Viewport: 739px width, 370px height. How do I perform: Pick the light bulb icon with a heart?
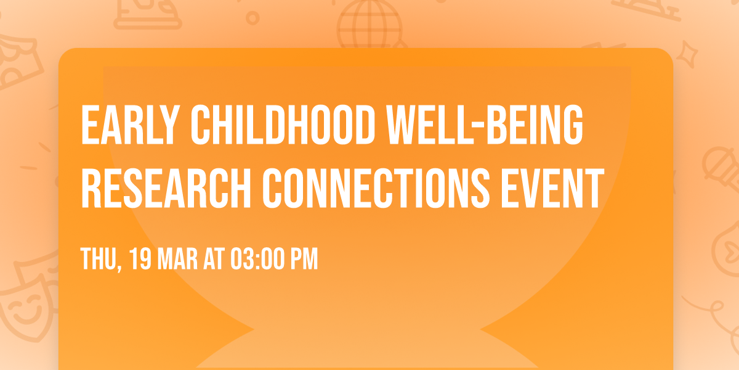[x=727, y=247]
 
